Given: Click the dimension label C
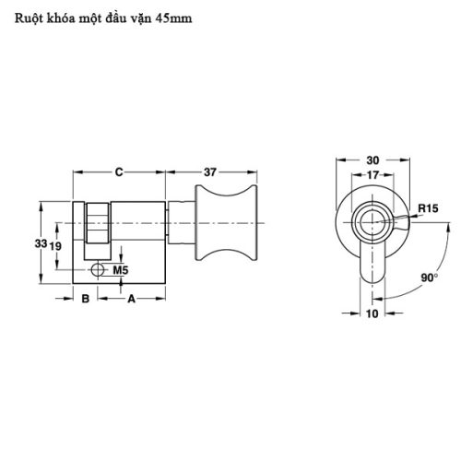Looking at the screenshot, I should coord(119,171).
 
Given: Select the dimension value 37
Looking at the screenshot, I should coord(210,171).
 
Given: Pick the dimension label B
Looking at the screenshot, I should coord(84,299).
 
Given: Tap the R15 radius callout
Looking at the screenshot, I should coord(427,209).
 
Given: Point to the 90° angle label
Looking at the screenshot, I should coord(430,277).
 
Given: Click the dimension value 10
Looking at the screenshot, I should coord(372,313).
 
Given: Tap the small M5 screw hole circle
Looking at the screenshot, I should coord(99,271).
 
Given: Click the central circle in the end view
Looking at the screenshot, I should coord(372,221).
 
